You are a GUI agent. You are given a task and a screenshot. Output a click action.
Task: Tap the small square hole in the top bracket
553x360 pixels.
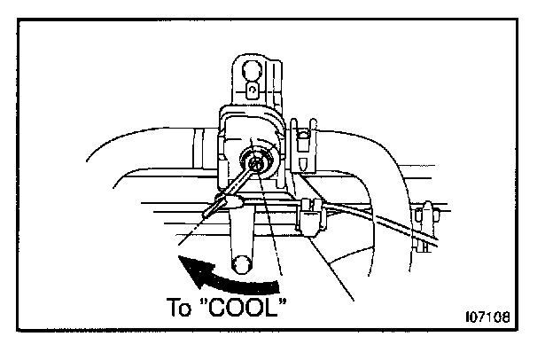click(253, 90)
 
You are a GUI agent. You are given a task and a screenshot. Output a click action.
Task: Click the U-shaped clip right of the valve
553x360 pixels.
click(302, 146)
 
